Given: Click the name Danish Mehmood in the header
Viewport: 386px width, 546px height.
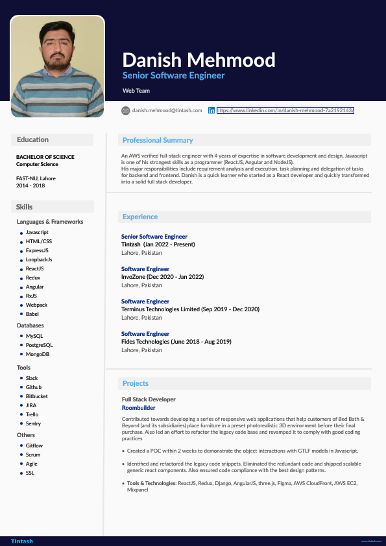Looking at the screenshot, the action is pyautogui.click(x=199, y=60).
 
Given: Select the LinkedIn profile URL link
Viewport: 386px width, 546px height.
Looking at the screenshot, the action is pyautogui.click(x=285, y=111).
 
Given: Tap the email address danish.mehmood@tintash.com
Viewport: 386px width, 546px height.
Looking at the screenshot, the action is pyautogui.click(x=167, y=111).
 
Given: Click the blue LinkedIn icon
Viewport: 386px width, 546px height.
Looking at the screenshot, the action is pyautogui.click(x=211, y=111).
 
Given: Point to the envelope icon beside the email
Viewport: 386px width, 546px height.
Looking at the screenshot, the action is pyautogui.click(x=126, y=111).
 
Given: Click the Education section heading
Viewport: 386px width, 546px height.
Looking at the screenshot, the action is pyautogui.click(x=32, y=139).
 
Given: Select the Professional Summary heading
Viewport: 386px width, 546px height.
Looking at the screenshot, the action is pyautogui.click(x=158, y=140).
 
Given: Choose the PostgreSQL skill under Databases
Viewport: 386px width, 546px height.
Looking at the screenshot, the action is pyautogui.click(x=39, y=346).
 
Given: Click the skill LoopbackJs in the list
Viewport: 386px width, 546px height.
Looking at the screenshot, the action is pyautogui.click(x=39, y=259).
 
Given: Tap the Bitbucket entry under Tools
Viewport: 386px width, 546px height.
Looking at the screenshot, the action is pyautogui.click(x=37, y=396).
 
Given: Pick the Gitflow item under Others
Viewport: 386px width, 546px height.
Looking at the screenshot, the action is pyautogui.click(x=34, y=446).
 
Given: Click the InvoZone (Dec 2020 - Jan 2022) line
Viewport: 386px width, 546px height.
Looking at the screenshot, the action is pyautogui.click(x=162, y=277).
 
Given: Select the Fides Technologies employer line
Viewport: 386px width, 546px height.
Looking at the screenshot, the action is pyautogui.click(x=176, y=342).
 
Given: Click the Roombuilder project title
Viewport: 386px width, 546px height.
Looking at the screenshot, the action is pyautogui.click(x=138, y=408).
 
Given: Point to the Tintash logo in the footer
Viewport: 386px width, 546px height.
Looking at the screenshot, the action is pyautogui.click(x=21, y=541).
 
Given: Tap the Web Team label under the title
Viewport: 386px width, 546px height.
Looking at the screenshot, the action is pyautogui.click(x=136, y=91).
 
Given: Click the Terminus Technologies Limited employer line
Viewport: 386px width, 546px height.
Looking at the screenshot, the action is pyautogui.click(x=190, y=309).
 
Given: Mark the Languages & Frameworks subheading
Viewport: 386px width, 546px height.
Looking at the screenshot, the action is pyautogui.click(x=50, y=222).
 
